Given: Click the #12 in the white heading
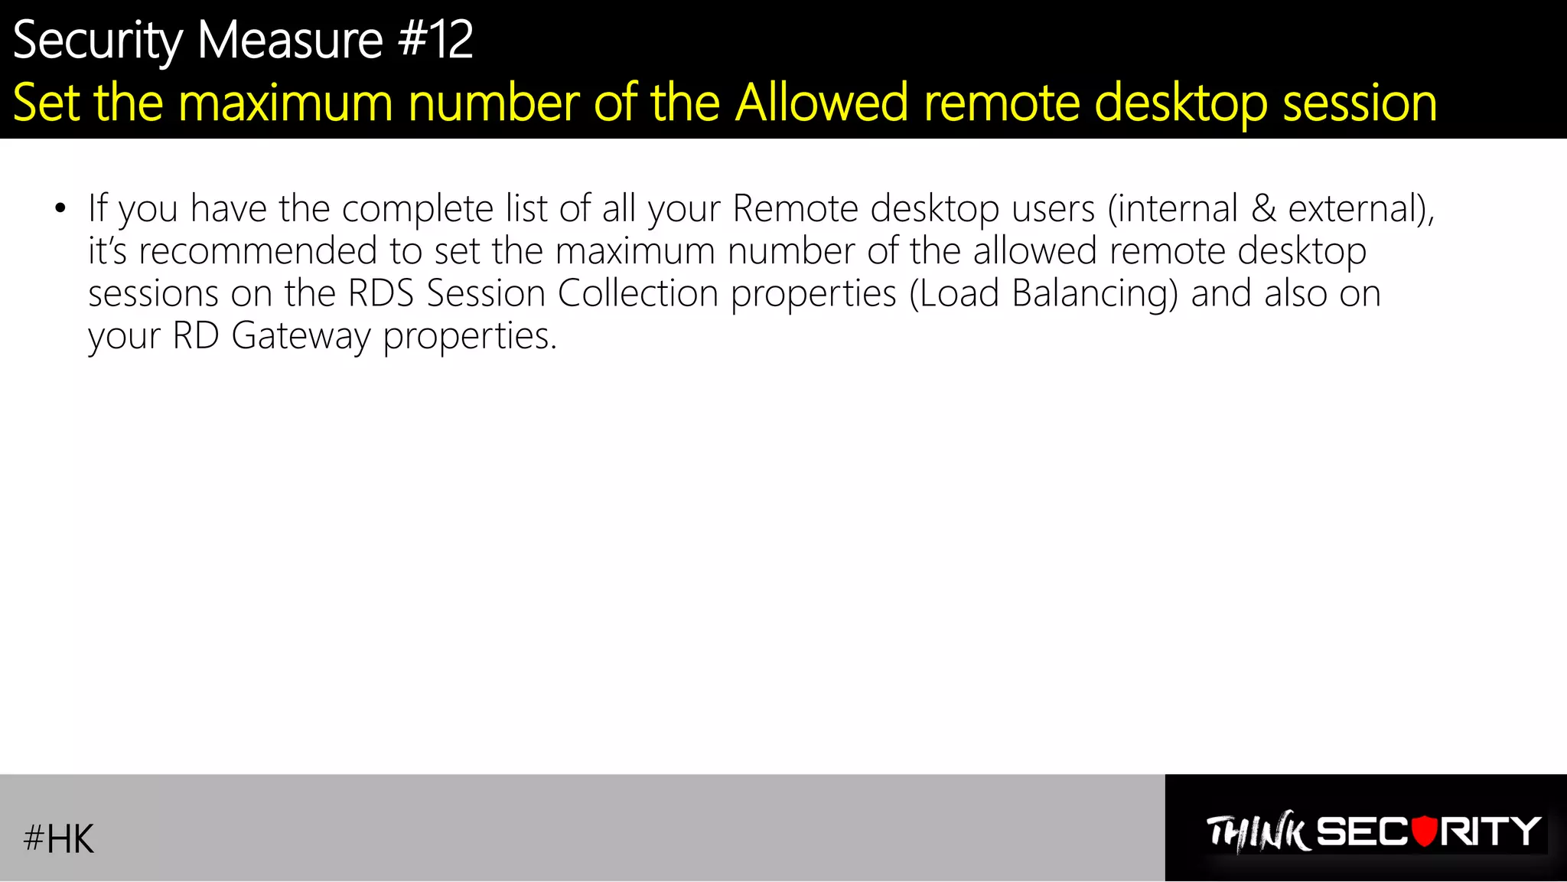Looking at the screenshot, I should click(435, 40).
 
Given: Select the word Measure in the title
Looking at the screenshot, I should click(290, 40).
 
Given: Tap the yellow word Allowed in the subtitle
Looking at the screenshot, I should click(822, 103).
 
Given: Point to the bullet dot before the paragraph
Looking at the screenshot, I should click(60, 208).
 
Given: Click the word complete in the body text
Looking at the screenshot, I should click(417, 209).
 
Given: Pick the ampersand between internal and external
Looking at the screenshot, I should click(1263, 209).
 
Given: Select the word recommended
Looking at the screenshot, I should click(258, 251).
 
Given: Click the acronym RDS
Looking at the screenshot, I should click(380, 293).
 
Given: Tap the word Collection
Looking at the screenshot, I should click(638, 293).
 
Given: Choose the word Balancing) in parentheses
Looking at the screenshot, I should click(1094, 294).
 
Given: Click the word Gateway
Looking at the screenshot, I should click(301, 336).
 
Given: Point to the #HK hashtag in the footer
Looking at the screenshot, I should click(59, 838).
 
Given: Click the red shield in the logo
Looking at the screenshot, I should click(1424, 831).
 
